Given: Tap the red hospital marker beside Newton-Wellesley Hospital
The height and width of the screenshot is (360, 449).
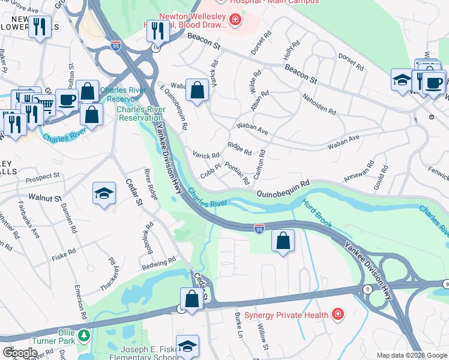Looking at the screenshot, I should pos(236,22).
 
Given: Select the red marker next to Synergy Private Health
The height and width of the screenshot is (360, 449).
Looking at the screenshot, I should pos(338,314).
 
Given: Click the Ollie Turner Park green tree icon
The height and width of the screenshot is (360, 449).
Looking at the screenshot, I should pos(85,334).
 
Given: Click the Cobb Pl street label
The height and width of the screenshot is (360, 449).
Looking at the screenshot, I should pos(211,170).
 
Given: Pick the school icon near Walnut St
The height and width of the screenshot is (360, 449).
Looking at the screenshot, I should pos(104,194).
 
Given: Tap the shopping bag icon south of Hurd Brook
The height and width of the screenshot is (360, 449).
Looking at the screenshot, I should pos(283,241).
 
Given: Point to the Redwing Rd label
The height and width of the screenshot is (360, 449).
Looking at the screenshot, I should pos(158,262).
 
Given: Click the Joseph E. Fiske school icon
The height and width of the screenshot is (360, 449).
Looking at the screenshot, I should pos(188,346).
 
